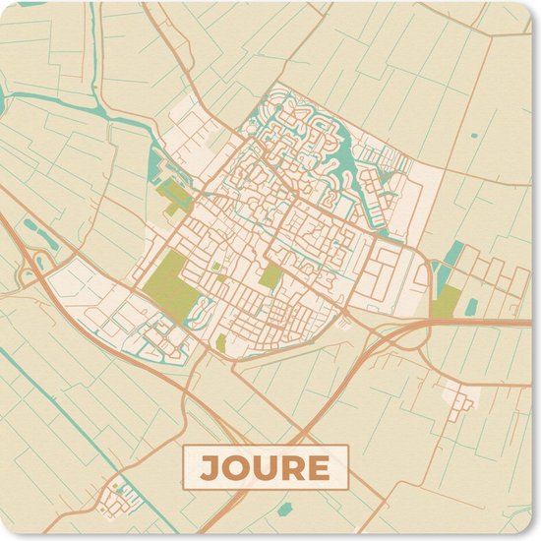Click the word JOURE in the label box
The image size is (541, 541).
[265, 467]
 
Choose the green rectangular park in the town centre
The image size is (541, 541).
[270, 276]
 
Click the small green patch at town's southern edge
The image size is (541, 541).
[220, 342]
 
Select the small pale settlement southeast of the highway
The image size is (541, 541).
[459, 395]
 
